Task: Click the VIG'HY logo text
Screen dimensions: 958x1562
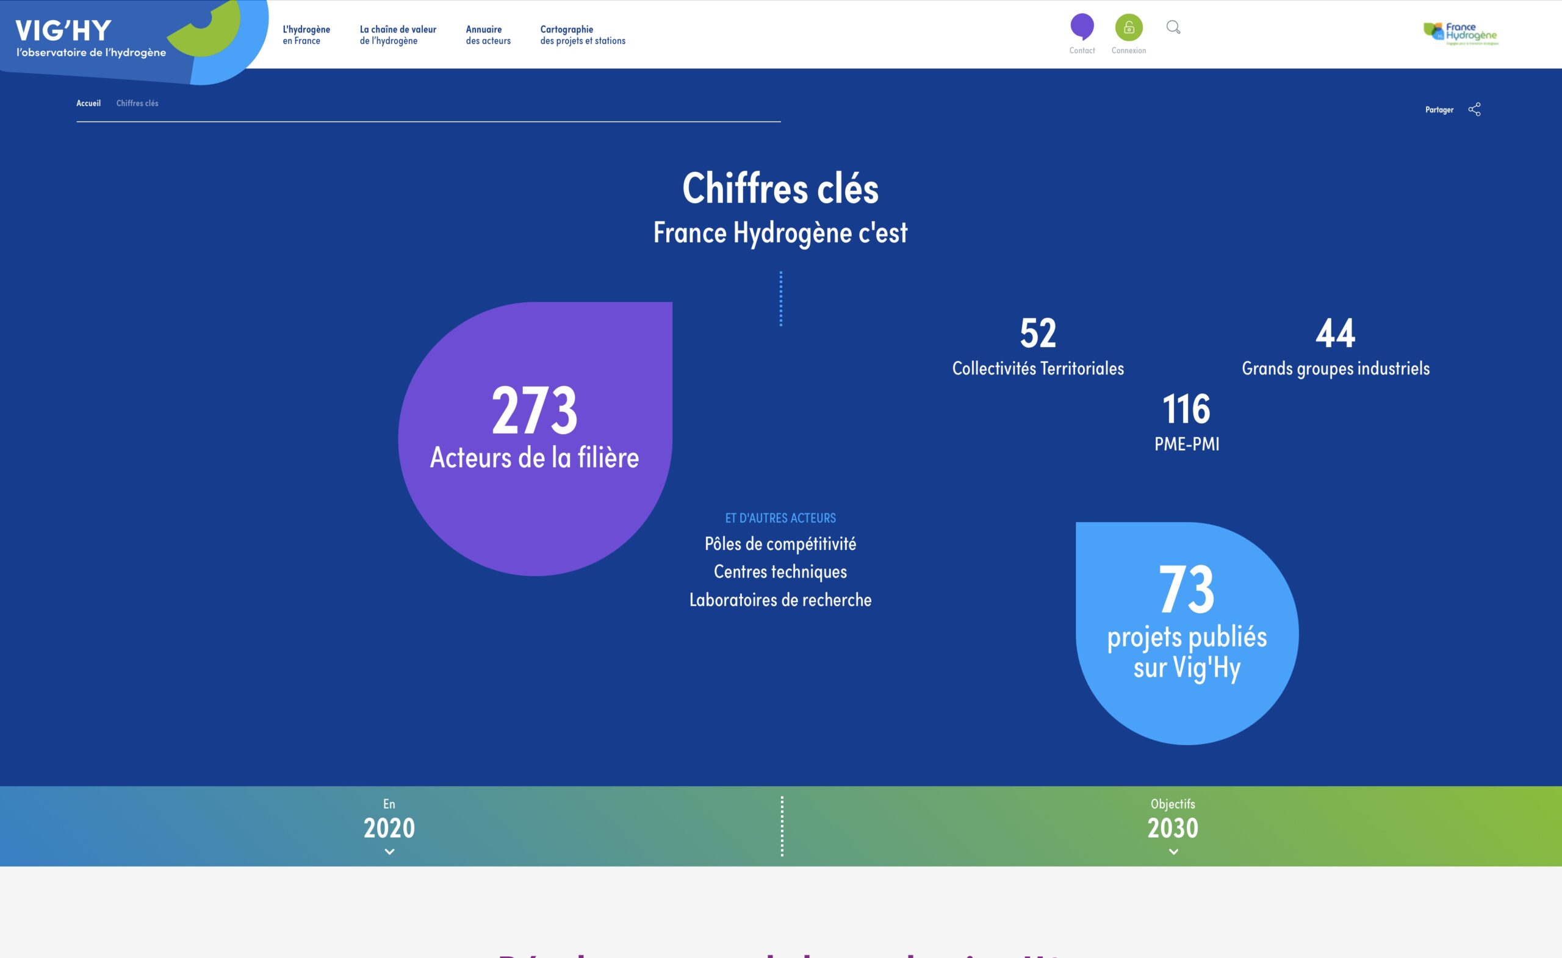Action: [63, 30]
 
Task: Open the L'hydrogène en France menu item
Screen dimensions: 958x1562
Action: [306, 35]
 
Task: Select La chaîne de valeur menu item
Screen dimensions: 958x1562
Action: [397, 35]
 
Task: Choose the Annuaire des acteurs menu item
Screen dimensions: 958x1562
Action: [488, 35]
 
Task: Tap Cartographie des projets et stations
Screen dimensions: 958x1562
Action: [582, 35]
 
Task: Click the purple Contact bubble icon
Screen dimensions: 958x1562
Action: [1081, 27]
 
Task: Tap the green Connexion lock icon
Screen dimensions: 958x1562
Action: [1128, 27]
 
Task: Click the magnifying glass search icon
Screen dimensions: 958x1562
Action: [1173, 27]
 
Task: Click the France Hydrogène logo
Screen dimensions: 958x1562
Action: [1461, 34]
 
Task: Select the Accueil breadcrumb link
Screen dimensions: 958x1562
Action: [88, 103]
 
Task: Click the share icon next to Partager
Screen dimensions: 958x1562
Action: [1475, 110]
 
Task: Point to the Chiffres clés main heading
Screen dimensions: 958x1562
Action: [780, 188]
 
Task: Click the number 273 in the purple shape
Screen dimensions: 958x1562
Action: [534, 410]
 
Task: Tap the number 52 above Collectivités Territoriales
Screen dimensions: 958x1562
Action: [1038, 334]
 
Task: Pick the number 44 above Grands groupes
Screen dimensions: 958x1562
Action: [1335, 334]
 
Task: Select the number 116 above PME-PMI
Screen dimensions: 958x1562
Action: [1186, 409]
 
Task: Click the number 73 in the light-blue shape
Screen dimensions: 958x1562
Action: [1187, 590]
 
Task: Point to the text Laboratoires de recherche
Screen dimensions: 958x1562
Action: [780, 600]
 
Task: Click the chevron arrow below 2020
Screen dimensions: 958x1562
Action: [389, 851]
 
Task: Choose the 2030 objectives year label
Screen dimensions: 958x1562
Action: [1173, 828]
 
